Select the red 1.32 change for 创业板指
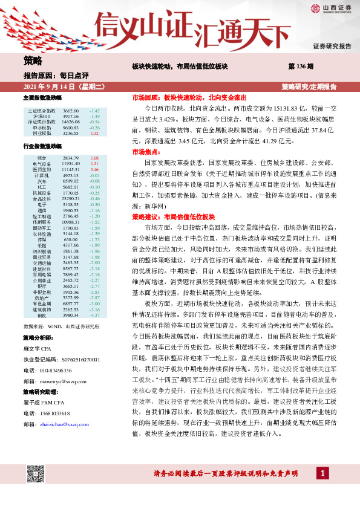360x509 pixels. [x=94, y=133]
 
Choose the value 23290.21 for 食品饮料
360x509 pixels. [x=71, y=198]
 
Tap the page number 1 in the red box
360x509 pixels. [x=324, y=489]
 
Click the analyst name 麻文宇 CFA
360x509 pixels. [x=40, y=366]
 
